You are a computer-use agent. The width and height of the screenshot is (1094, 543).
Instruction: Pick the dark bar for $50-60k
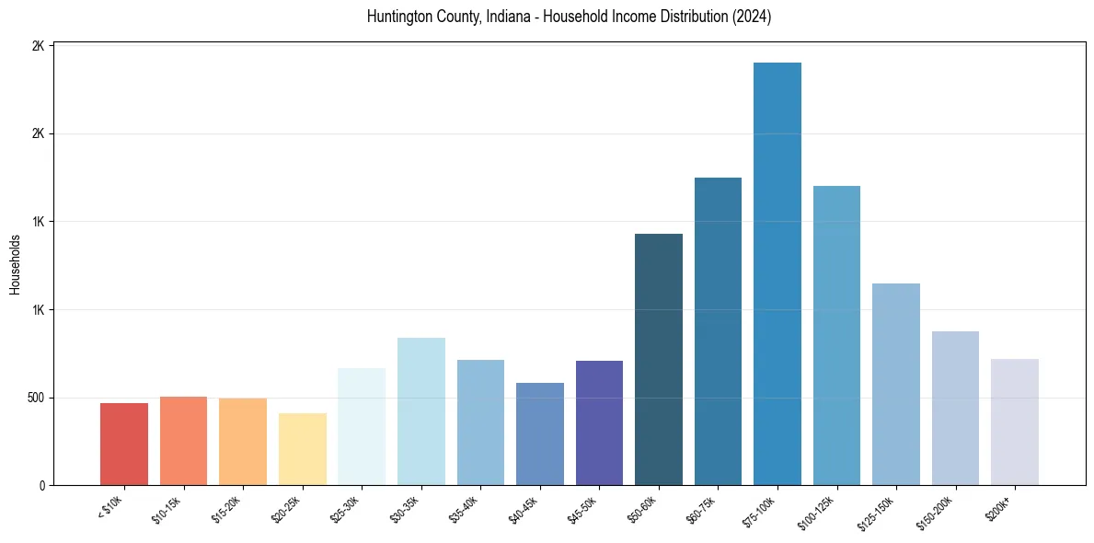(659, 359)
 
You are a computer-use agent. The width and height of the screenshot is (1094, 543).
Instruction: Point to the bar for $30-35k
(421, 411)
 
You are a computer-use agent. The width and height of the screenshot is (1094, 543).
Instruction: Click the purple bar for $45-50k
(599, 422)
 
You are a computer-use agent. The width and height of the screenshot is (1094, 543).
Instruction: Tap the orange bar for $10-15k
(183, 441)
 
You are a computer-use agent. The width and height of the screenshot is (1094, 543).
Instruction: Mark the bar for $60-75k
(718, 331)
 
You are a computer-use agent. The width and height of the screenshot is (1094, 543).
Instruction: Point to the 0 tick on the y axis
(41, 485)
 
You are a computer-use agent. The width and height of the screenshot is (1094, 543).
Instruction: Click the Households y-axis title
(15, 264)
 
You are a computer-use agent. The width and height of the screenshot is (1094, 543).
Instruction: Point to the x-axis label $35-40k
(464, 509)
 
